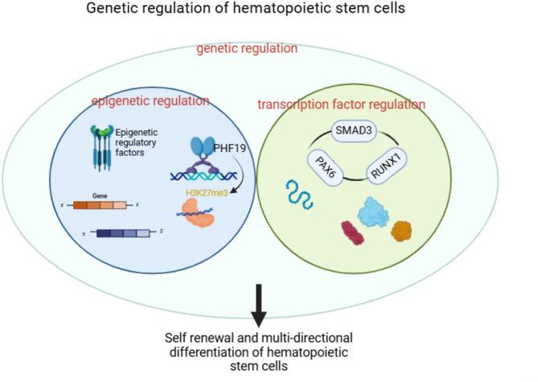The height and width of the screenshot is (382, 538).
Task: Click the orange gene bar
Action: pyautogui.click(x=117, y=205)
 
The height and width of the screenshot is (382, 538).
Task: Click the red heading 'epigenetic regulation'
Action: pyautogui.click(x=150, y=101)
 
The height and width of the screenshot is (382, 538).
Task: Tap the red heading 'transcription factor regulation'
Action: pyautogui.click(x=341, y=105)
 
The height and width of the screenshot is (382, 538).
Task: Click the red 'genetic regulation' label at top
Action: pyautogui.click(x=247, y=49)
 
